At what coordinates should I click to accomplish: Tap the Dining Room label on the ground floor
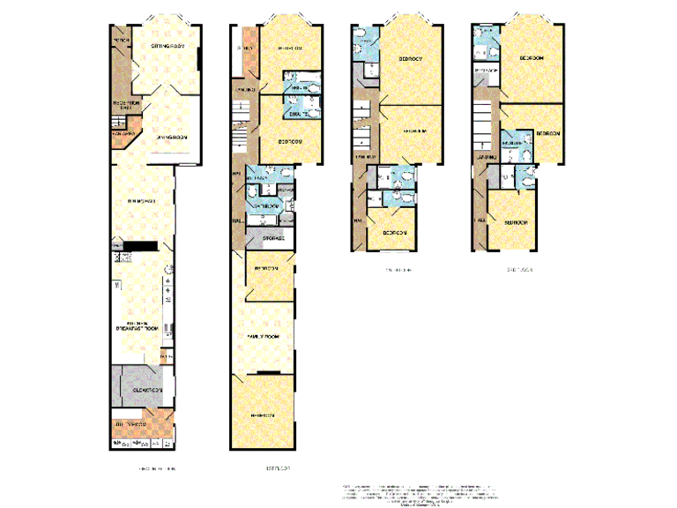tap(173, 137)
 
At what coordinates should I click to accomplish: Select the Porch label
tap(121, 41)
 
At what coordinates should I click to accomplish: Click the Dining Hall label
tap(142, 202)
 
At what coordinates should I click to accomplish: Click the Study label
tap(245, 48)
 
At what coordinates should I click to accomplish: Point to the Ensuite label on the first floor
tap(298, 113)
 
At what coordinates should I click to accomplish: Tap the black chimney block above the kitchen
tap(140, 246)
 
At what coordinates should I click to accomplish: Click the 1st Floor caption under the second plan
tap(265, 468)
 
